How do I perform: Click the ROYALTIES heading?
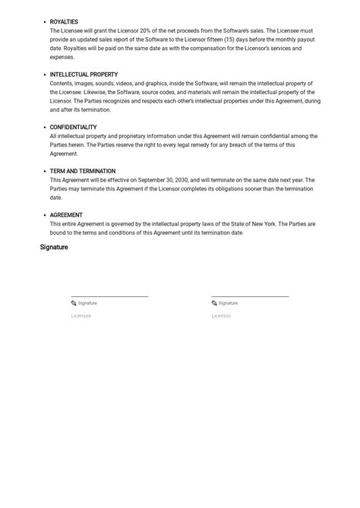[x=64, y=22]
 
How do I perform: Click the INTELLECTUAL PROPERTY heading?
[x=84, y=75]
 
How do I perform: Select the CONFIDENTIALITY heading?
[x=73, y=128]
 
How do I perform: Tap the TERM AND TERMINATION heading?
[x=83, y=172]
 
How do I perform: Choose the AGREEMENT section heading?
[x=66, y=216]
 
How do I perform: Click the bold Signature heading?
[x=54, y=248]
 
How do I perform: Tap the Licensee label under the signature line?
[x=81, y=316]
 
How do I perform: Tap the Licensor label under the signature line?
[x=221, y=316]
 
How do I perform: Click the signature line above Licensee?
[x=109, y=296]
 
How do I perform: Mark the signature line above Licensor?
[x=250, y=296]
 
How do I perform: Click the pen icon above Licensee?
[x=74, y=303]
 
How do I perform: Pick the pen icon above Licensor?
[x=214, y=303]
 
